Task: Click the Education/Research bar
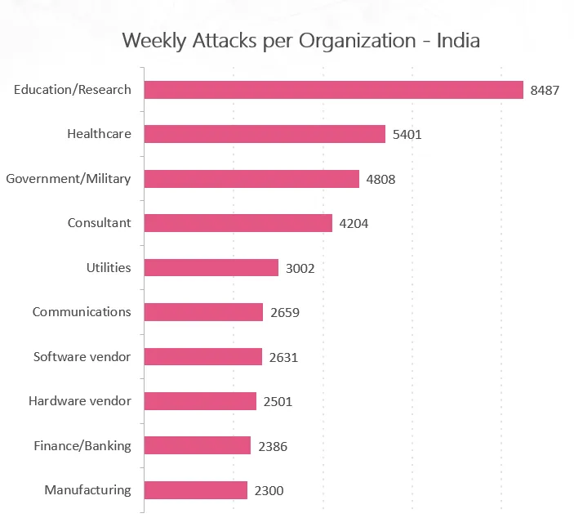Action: coord(333,90)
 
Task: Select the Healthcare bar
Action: coord(265,134)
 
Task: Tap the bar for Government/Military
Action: coord(251,179)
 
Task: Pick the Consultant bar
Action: coord(238,223)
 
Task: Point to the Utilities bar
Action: coord(211,268)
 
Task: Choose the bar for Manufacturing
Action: coord(196,490)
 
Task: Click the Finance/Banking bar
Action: coord(198,446)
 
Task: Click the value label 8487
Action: coord(545,91)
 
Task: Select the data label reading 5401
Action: coord(407,135)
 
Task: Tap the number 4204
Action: coord(354,224)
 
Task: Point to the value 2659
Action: coord(284,313)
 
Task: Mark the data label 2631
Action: coord(283,357)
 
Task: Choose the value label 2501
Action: coord(278,402)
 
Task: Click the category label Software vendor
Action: coord(82,357)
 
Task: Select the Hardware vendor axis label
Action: coord(79,401)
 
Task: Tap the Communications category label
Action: coord(82,312)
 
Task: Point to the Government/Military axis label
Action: coord(68,178)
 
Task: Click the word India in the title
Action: coord(459,40)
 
